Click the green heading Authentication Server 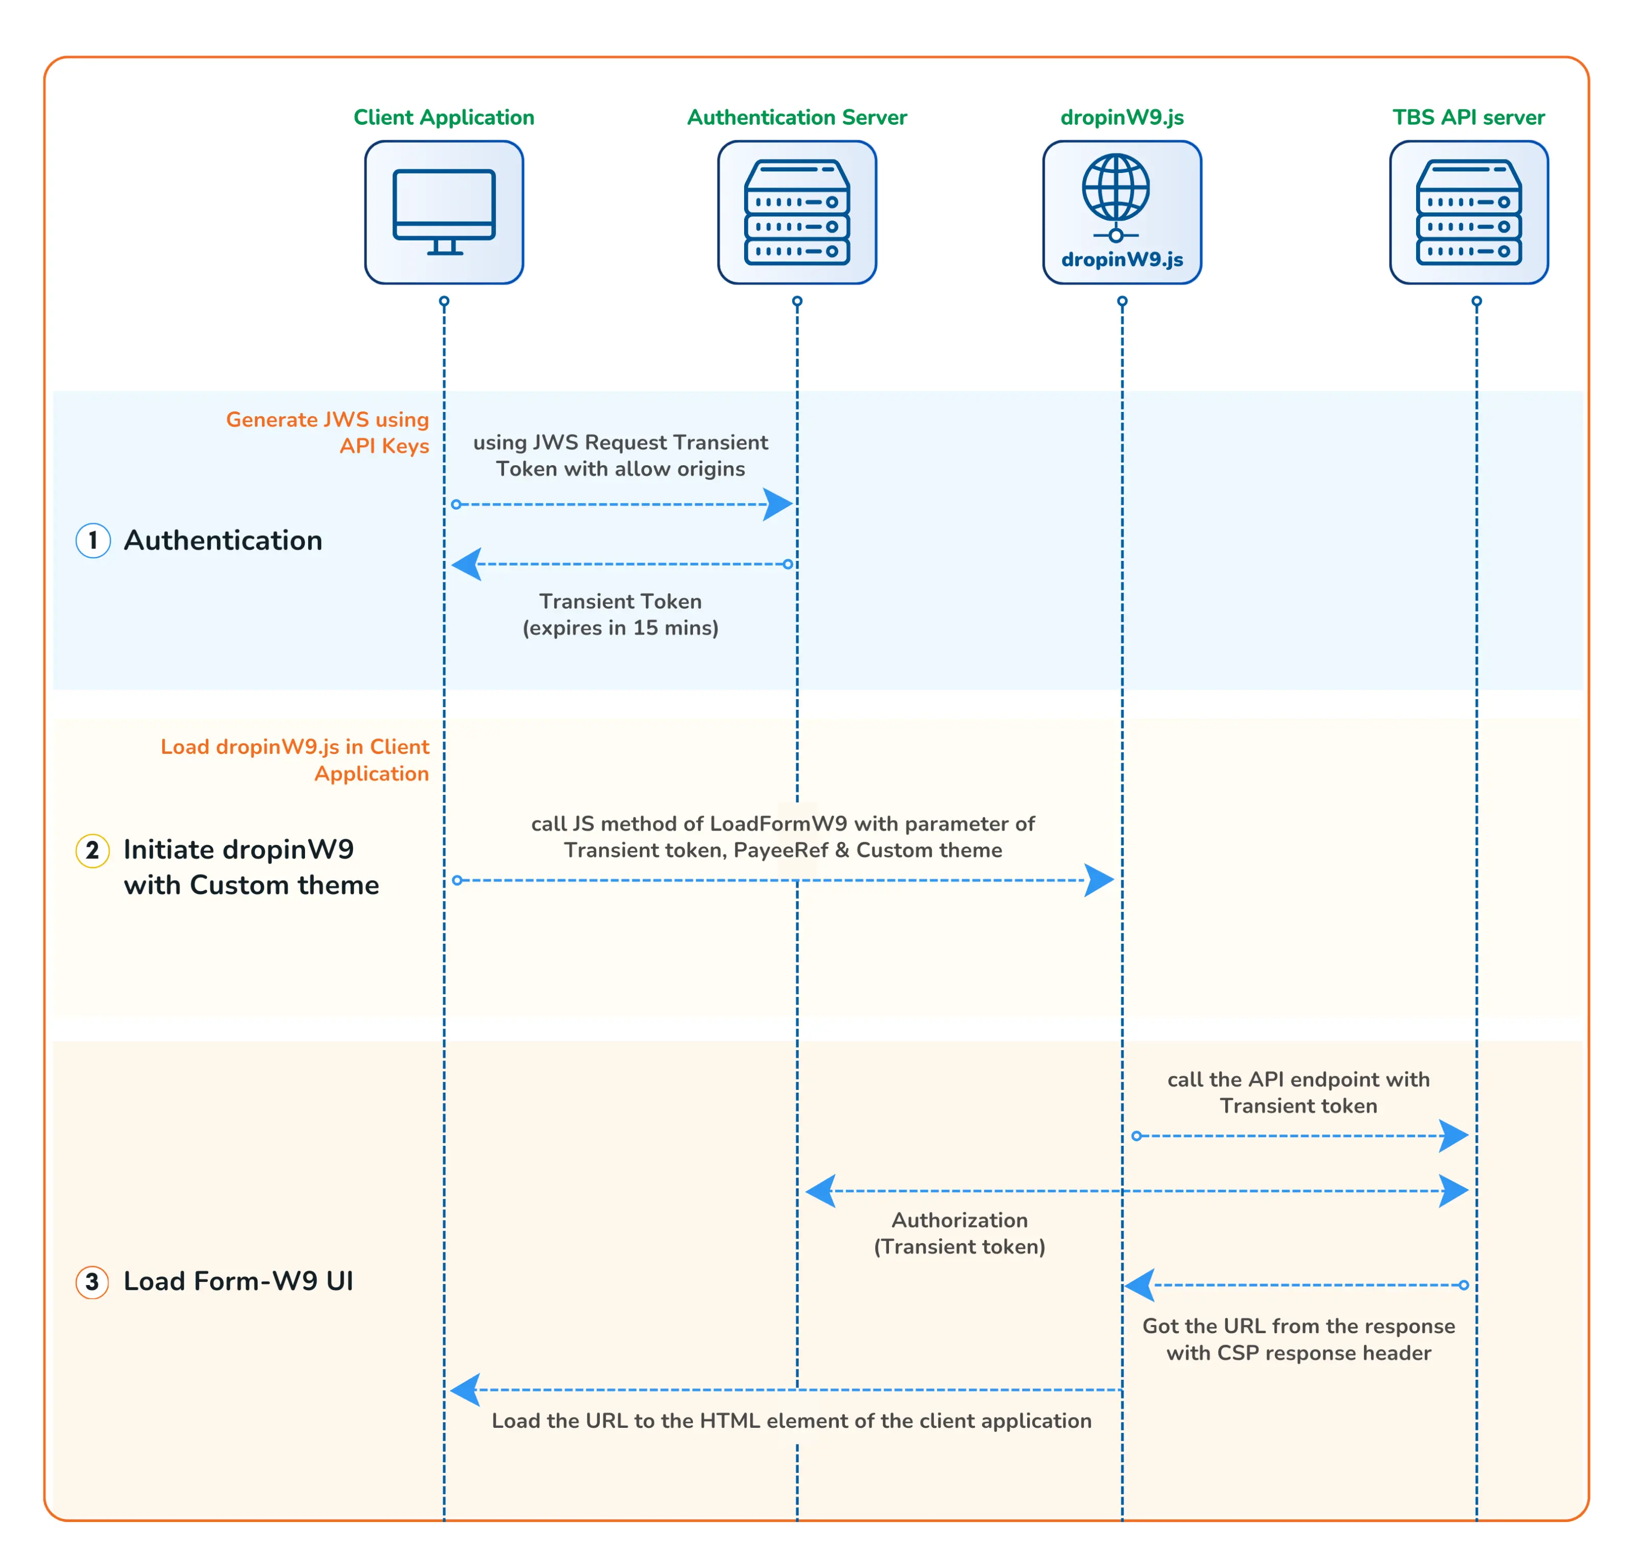[796, 117]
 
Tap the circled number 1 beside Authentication [93, 540]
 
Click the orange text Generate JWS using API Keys [328, 432]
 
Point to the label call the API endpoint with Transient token [1298, 1092]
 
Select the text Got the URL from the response [1298, 1326]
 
